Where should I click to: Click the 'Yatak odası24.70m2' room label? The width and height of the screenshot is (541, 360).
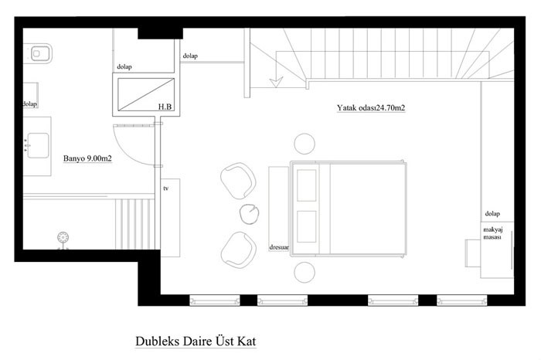click(x=371, y=108)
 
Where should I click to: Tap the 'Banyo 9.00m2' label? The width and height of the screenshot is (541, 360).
click(x=87, y=158)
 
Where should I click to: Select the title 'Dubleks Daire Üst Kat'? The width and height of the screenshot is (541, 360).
click(x=196, y=341)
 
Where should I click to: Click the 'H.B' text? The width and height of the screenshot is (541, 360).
click(x=165, y=107)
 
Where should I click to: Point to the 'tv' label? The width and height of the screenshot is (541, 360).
click(x=166, y=188)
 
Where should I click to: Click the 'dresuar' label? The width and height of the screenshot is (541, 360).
click(x=279, y=247)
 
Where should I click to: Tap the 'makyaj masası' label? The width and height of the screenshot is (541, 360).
click(x=493, y=233)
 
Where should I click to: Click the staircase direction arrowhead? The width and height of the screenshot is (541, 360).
click(x=276, y=82)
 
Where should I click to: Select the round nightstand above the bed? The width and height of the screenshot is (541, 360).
click(x=305, y=144)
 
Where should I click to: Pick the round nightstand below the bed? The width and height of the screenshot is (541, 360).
click(x=305, y=272)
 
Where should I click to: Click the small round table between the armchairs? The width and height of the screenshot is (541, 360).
click(x=250, y=214)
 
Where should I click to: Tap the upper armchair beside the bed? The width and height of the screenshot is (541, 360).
click(x=238, y=181)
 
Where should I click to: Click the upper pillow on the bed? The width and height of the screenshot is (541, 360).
click(x=307, y=185)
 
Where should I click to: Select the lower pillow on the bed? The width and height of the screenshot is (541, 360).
click(x=307, y=226)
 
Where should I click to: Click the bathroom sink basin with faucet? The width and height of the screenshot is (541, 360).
click(x=38, y=145)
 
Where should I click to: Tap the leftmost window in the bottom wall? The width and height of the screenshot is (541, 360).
click(x=215, y=301)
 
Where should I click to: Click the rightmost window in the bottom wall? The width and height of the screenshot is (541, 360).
click(x=462, y=301)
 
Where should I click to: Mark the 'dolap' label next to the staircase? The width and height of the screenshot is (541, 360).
click(x=190, y=56)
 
